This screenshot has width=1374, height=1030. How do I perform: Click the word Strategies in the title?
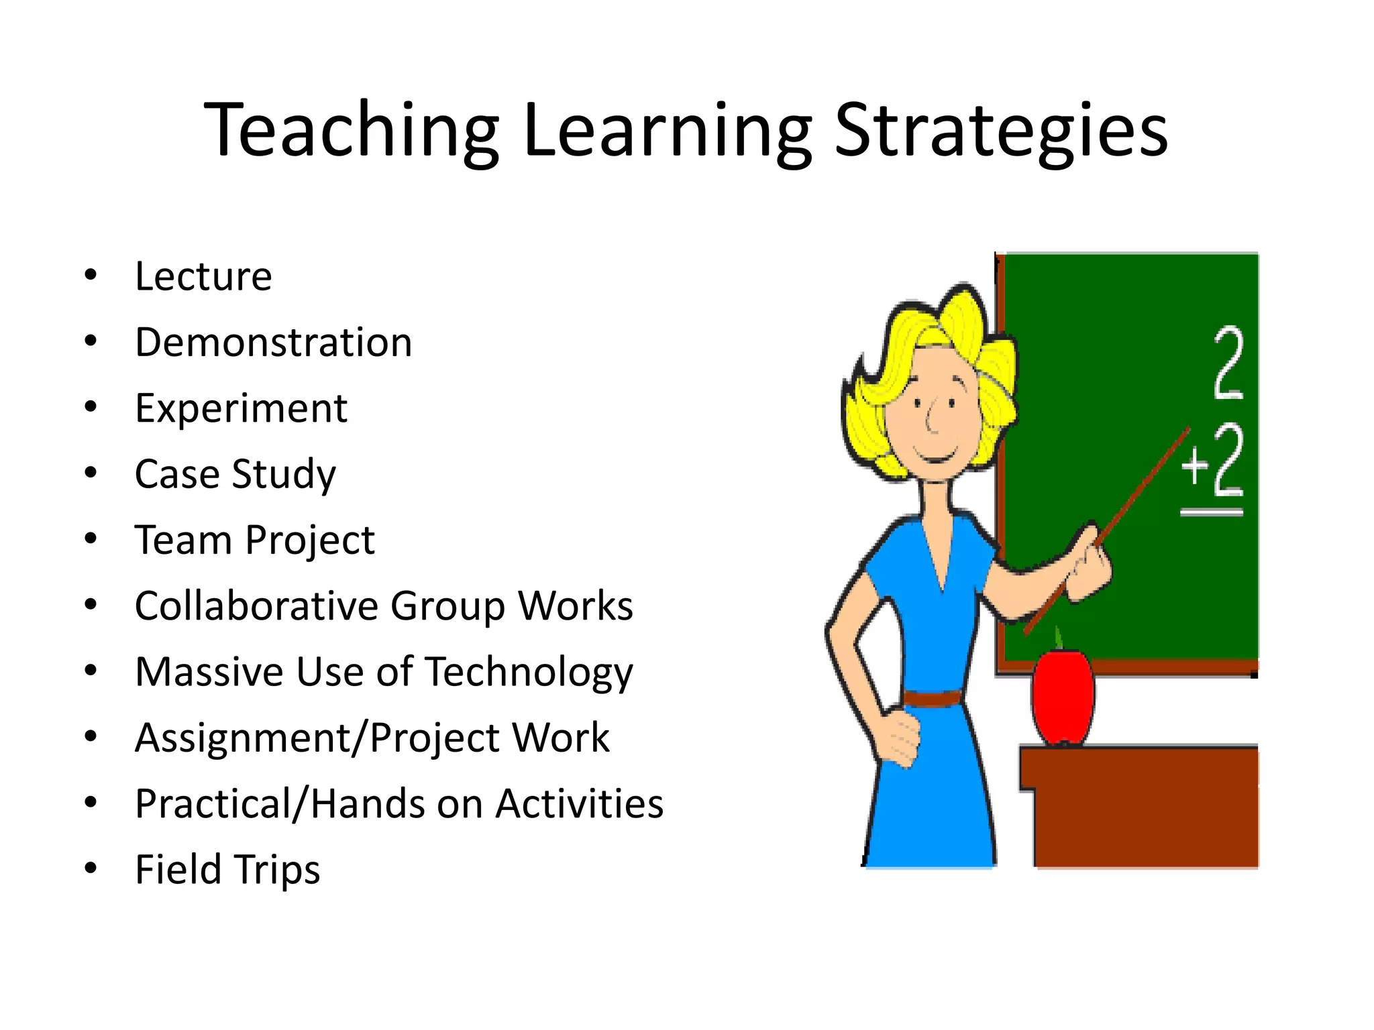coord(1001,131)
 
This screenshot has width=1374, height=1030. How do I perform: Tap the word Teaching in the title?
coord(352,131)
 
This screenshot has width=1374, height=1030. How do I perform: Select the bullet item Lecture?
coord(203,276)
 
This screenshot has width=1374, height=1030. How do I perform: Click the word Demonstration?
coord(273,343)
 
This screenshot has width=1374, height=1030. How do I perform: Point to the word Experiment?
coord(241,408)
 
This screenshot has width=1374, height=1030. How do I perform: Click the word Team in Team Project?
coord(182,540)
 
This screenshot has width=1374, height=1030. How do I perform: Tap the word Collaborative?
coord(257,606)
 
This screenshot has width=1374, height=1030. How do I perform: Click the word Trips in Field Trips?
coord(276,870)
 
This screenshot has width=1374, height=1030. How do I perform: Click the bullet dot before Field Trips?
coord(91,868)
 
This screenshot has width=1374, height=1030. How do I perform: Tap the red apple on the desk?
coord(1062,697)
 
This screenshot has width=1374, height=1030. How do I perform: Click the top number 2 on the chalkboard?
coord(1229,363)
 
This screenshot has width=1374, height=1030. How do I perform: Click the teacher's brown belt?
coord(933,698)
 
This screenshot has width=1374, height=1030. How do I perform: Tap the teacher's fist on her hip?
coord(899,738)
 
